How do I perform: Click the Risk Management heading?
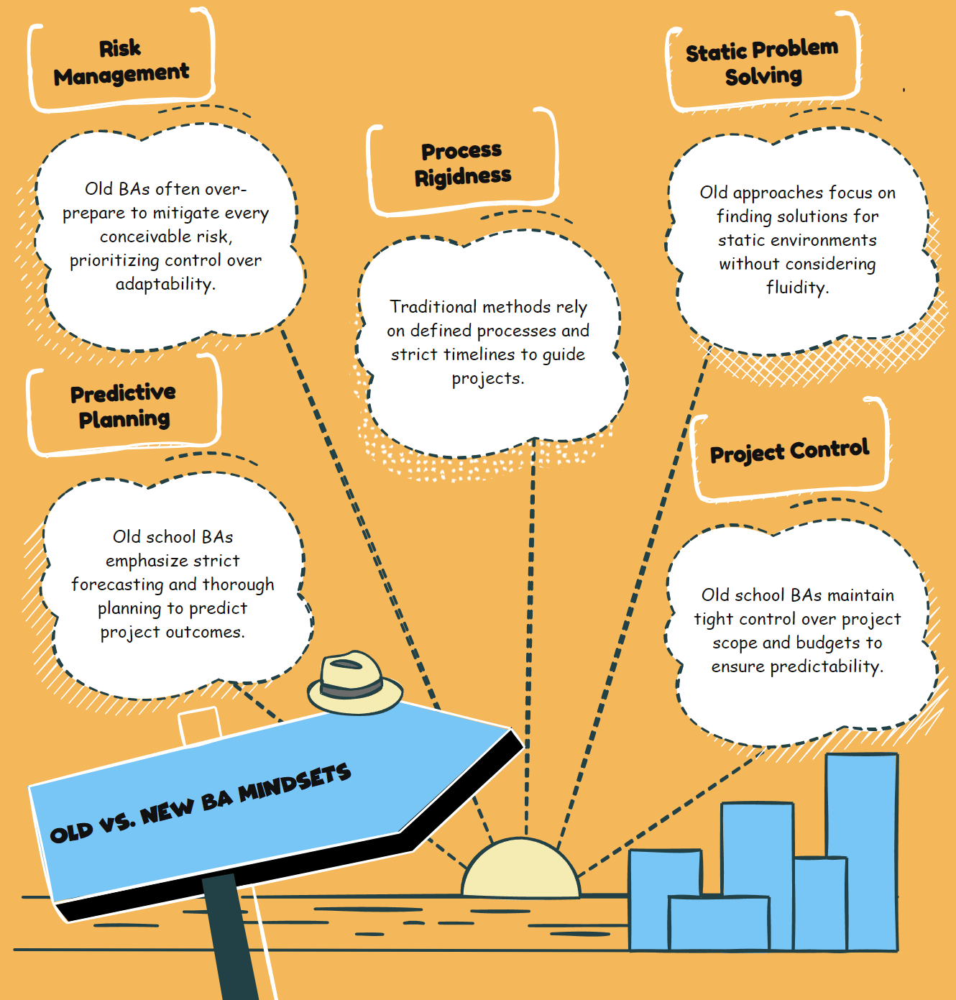click(121, 62)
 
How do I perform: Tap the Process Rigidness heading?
click(462, 164)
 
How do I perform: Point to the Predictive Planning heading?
click(124, 406)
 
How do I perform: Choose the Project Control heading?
click(789, 451)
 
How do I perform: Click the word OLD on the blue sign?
click(72, 832)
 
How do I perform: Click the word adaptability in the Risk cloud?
click(165, 284)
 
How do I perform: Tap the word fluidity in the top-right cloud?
click(797, 288)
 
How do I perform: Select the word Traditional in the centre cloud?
click(433, 307)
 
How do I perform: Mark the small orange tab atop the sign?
click(199, 725)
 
